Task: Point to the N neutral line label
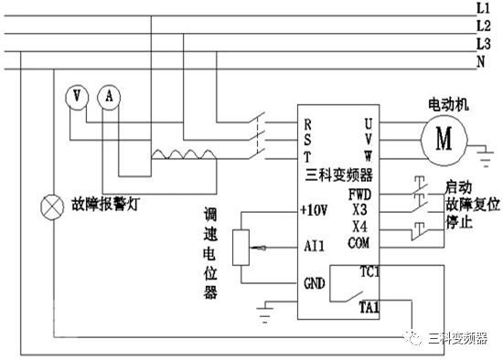(481, 61)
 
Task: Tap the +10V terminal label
(314, 210)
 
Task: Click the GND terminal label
(314, 283)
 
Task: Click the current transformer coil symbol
(182, 155)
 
